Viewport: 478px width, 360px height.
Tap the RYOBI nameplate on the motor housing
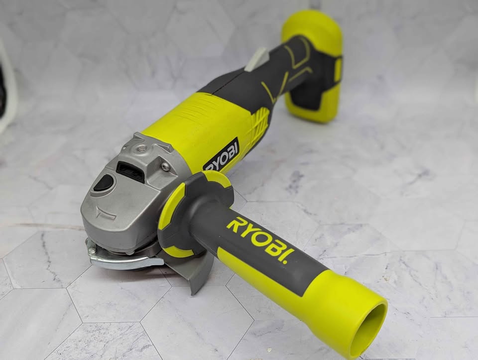click(x=221, y=155)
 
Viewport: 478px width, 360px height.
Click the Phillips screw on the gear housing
click(x=165, y=166)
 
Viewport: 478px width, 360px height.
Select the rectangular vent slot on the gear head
click(x=130, y=172)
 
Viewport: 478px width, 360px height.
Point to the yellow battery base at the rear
click(x=314, y=66)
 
